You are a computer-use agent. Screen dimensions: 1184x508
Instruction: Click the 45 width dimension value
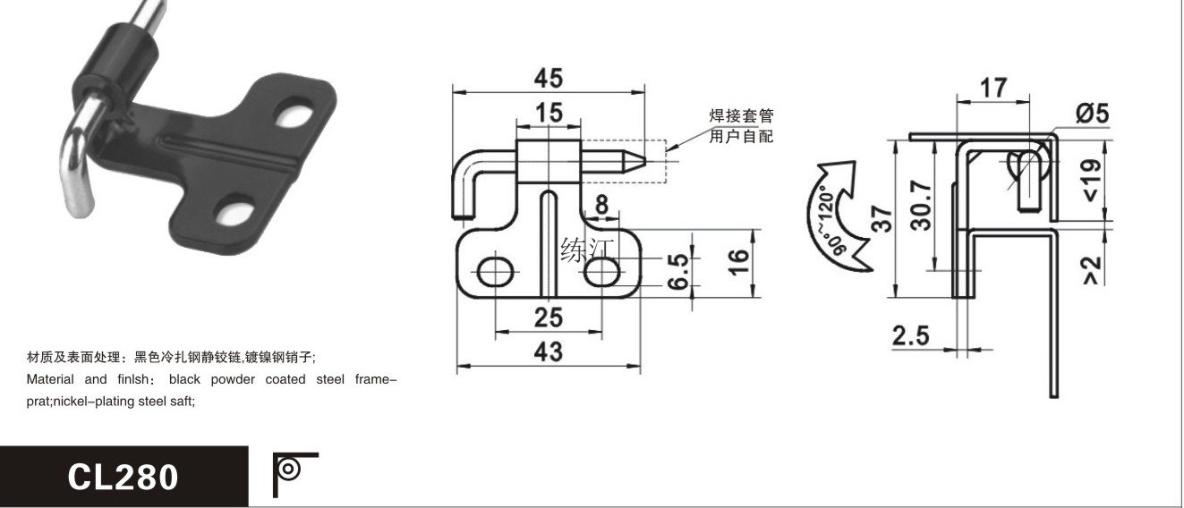[548, 78]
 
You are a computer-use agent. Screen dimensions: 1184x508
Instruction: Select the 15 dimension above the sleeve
[549, 113]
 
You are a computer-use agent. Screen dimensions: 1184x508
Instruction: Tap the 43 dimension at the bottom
[548, 351]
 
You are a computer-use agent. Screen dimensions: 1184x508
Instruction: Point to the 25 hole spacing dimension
[548, 317]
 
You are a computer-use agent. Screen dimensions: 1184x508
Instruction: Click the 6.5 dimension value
[678, 271]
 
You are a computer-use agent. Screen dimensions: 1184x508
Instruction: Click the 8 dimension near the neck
[601, 204]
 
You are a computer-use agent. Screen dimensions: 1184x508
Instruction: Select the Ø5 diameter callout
[1092, 113]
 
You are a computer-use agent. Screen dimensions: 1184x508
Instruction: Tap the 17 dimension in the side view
[993, 88]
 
